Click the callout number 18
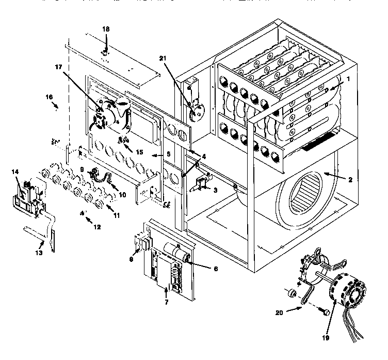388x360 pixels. (x=106, y=29)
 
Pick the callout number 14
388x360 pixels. (x=15, y=171)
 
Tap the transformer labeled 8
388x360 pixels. (x=143, y=242)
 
